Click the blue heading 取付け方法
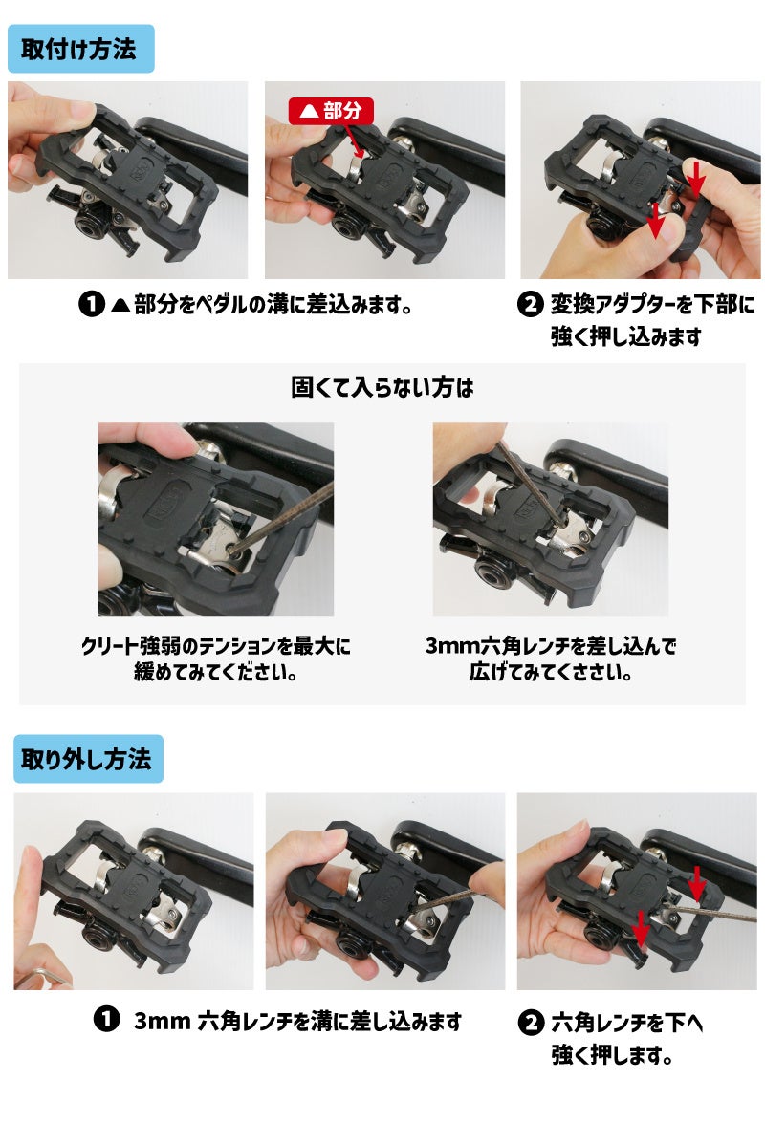(x=80, y=49)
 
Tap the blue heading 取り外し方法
(x=88, y=759)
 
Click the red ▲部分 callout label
(x=331, y=111)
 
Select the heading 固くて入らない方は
(x=382, y=387)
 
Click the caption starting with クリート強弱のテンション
(x=215, y=659)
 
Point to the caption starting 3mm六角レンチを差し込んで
(x=550, y=659)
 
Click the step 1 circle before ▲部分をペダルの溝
(x=92, y=304)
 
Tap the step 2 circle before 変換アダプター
(x=530, y=304)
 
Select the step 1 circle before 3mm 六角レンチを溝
(x=107, y=1019)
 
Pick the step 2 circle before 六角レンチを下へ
(x=531, y=1022)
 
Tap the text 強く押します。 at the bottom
(x=612, y=1054)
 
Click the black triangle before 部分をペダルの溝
(x=121, y=305)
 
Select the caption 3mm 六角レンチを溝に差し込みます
(x=298, y=1020)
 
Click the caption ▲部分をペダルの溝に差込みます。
(x=262, y=305)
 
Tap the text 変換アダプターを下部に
(x=652, y=304)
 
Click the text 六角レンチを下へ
(x=626, y=1022)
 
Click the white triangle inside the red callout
(x=309, y=112)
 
